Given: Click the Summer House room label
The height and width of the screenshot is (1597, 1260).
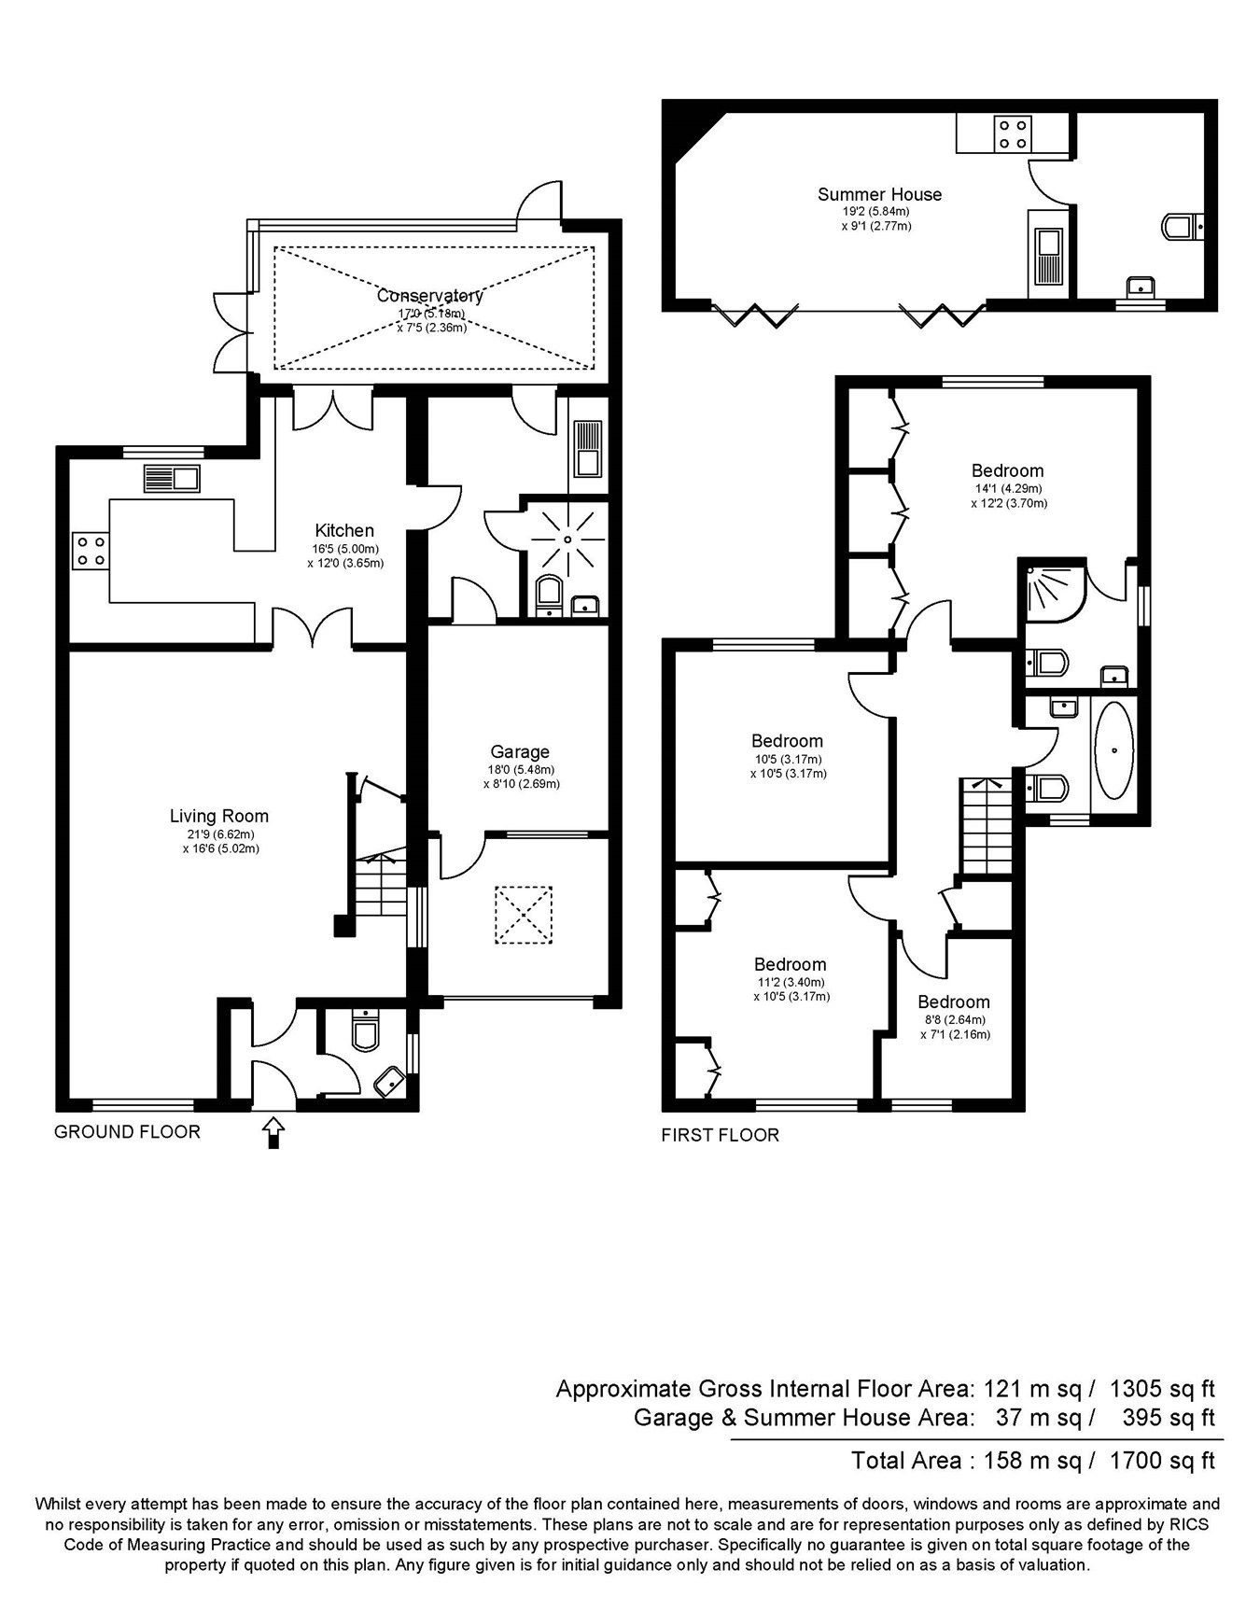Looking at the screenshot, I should click(879, 194).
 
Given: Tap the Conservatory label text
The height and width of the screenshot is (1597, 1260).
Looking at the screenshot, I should click(430, 296).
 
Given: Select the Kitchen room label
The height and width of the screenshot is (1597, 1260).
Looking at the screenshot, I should click(344, 531).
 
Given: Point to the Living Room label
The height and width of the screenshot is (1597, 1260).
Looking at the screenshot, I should click(219, 816).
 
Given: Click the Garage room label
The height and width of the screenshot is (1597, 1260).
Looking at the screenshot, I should click(520, 751).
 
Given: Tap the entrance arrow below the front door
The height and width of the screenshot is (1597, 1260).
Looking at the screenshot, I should click(273, 1132).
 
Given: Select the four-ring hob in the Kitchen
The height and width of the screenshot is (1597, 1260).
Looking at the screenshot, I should click(91, 550).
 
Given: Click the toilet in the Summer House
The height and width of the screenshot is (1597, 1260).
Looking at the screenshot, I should click(1182, 226).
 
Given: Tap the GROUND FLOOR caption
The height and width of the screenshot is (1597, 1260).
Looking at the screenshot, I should click(127, 1132).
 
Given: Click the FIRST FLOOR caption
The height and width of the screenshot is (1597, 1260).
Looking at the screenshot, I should click(720, 1136).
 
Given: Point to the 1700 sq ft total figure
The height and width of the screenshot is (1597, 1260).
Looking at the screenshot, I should click(1162, 1460).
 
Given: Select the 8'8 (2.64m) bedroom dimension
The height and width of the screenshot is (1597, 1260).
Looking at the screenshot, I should click(953, 1020).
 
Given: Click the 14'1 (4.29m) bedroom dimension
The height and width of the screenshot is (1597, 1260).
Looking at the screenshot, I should click(1007, 488).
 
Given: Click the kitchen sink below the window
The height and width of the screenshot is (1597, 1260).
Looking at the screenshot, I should click(172, 480).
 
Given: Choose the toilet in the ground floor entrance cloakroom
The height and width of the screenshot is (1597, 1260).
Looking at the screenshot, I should click(363, 1032).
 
